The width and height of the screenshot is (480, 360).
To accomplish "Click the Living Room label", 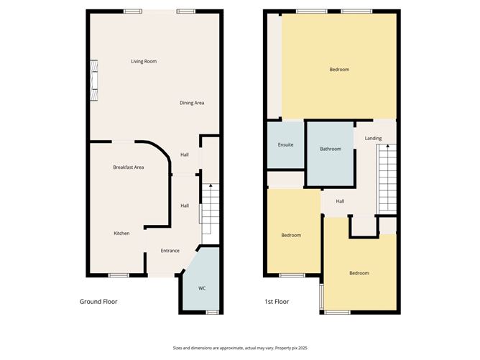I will click(x=144, y=62).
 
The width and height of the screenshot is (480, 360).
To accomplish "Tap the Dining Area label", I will click(x=192, y=103).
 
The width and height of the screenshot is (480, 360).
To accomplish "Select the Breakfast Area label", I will click(x=129, y=167).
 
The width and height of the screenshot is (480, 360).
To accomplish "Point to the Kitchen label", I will click(x=121, y=234).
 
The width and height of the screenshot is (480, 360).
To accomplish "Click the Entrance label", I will click(x=170, y=251).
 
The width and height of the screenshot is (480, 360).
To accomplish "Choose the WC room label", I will click(x=202, y=288).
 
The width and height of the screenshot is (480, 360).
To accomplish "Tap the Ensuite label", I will click(x=285, y=145).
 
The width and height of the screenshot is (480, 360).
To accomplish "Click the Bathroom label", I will click(x=331, y=149).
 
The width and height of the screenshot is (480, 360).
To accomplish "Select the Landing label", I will click(x=373, y=139).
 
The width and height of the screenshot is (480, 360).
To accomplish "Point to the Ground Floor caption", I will click(x=98, y=302).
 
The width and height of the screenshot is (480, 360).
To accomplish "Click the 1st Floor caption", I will click(x=276, y=302).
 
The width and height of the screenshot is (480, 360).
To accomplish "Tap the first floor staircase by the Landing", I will click(x=387, y=177).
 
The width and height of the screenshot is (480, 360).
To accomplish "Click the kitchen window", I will click(x=119, y=275).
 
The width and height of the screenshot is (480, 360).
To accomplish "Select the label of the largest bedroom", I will click(x=339, y=70).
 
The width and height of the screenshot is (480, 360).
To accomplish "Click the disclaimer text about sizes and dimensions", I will click(x=239, y=347).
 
